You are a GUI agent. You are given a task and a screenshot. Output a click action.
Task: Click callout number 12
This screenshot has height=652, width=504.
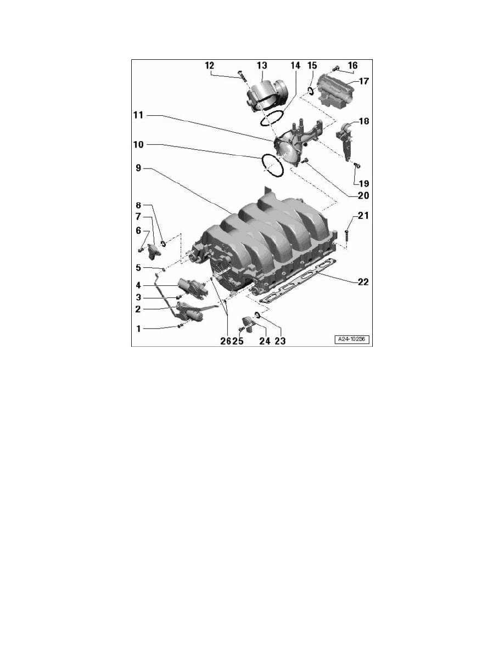point(209,66)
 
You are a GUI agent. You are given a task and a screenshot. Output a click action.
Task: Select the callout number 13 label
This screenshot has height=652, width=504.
point(261,66)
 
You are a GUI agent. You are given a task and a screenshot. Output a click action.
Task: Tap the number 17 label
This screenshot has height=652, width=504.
point(363,81)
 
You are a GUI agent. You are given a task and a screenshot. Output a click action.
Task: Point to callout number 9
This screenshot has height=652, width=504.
point(138,168)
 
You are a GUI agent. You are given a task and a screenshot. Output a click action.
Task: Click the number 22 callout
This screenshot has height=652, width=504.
point(363,282)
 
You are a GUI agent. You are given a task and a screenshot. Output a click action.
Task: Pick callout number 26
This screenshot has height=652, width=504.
point(226,341)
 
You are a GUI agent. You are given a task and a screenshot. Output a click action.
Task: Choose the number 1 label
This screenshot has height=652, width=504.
point(138,329)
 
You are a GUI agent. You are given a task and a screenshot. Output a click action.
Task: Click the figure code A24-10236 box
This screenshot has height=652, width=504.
point(352,339)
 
